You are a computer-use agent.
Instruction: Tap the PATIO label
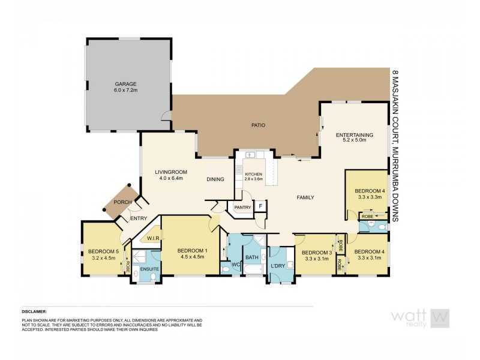258,125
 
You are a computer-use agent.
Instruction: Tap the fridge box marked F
260,207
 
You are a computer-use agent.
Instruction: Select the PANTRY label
242,207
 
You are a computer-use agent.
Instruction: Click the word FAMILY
305,197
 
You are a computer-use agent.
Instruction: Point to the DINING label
215,179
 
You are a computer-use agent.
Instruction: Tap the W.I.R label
152,238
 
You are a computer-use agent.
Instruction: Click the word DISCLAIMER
34,312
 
